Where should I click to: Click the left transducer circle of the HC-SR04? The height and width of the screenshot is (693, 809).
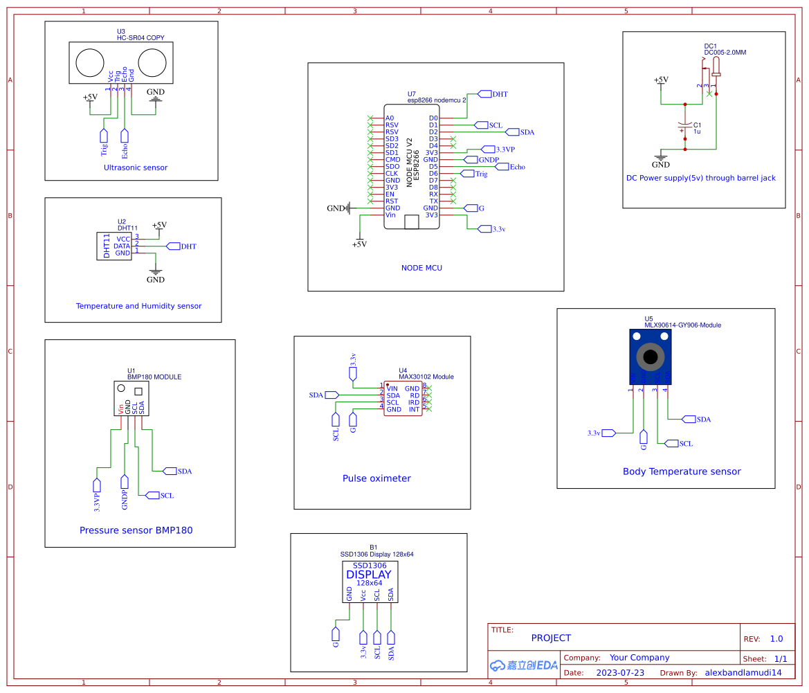(89, 63)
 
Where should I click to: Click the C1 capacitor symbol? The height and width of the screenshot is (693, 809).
(685, 127)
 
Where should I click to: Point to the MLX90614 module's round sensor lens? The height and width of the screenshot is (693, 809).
(651, 357)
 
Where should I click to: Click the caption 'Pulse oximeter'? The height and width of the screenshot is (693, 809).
(376, 478)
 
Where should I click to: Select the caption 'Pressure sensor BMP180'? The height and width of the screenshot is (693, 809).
(136, 530)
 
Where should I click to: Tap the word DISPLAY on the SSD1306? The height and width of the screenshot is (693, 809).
(368, 575)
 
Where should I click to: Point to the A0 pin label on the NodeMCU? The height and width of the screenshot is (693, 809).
(390, 118)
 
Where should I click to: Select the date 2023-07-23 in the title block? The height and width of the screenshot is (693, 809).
(620, 672)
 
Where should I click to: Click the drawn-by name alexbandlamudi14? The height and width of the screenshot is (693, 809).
(743, 672)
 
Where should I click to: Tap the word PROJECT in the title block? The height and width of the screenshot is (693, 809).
(551, 638)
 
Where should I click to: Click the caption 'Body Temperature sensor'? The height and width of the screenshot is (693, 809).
(682, 471)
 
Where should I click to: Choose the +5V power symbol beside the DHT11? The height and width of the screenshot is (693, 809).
(159, 226)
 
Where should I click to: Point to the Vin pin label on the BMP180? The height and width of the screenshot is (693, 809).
(120, 408)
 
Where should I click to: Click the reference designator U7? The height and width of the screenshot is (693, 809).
(412, 93)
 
